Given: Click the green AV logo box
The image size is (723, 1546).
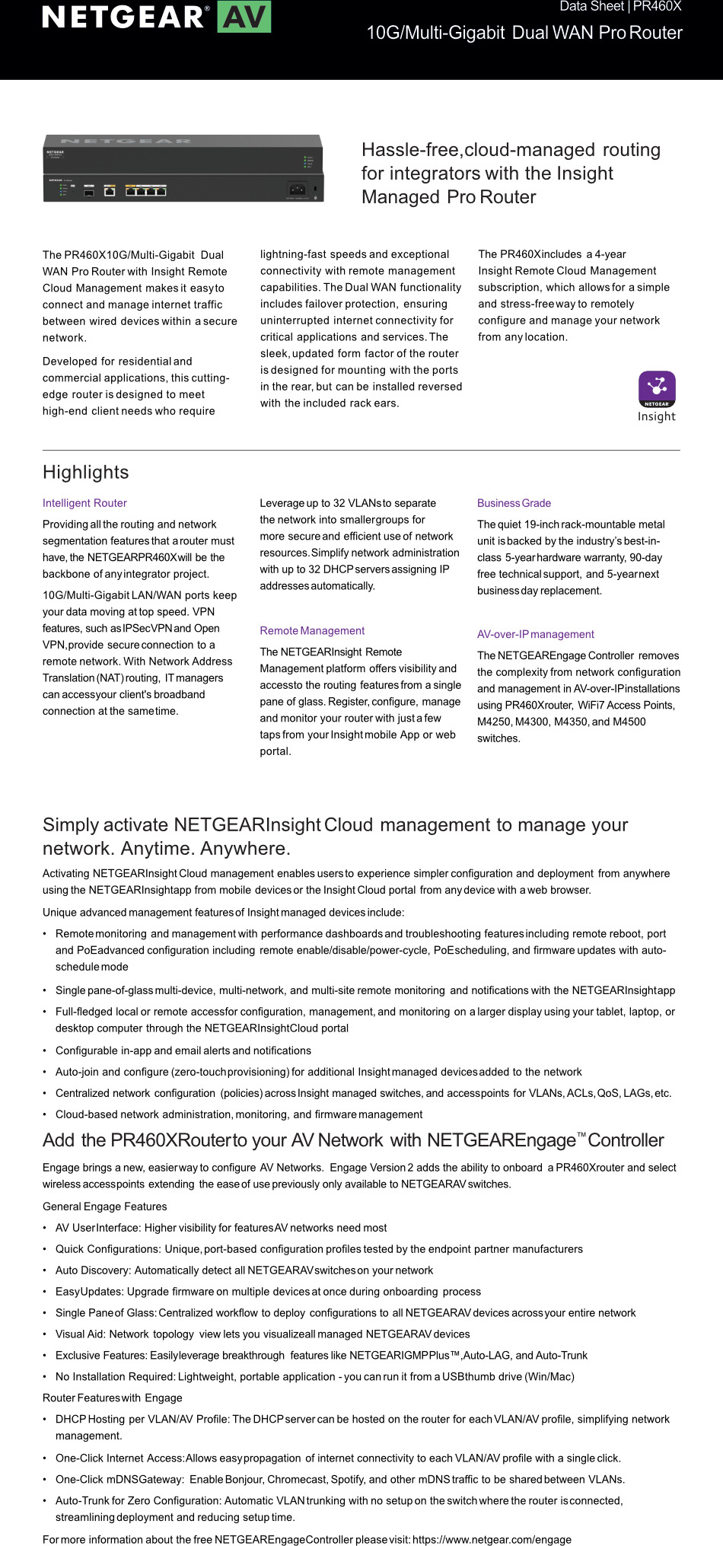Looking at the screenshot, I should [x=244, y=17].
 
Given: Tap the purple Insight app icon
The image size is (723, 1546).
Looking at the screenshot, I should [x=657, y=389].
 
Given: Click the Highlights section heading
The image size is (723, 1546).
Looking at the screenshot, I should [x=86, y=473].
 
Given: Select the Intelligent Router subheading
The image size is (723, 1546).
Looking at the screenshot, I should [x=84, y=503].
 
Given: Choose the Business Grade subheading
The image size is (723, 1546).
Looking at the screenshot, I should [x=514, y=503].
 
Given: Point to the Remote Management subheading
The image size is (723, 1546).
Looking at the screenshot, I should [x=312, y=631].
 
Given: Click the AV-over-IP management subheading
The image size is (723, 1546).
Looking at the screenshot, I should [x=535, y=634].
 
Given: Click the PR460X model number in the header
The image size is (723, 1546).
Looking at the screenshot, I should [x=658, y=7].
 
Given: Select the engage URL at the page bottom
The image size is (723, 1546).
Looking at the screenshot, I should [x=492, y=1539].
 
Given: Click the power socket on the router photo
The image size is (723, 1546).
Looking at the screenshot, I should [x=297, y=190].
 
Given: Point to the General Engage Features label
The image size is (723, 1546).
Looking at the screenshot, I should [x=104, y=1207].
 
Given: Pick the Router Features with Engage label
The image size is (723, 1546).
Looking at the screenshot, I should [x=112, y=1398].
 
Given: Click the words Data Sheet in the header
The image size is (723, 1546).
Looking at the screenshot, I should [x=591, y=7].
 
